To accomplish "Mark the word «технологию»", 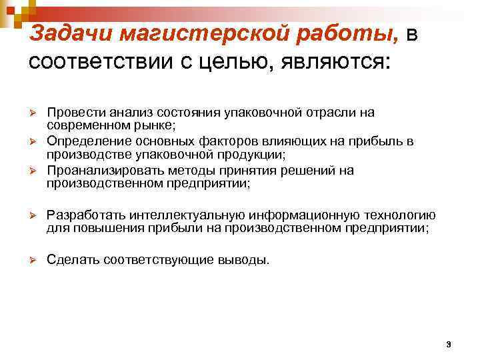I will coord(399,215).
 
